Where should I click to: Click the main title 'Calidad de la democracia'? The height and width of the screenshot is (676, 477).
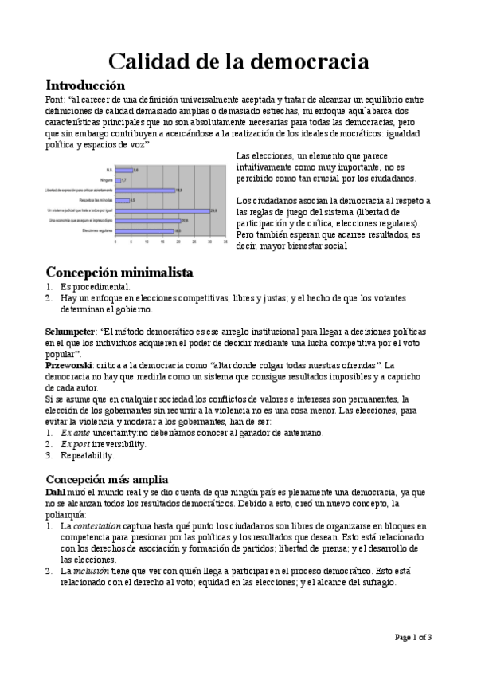(238, 61)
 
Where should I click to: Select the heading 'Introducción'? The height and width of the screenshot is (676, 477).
(85, 84)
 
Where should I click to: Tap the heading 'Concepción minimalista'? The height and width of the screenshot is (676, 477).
(119, 273)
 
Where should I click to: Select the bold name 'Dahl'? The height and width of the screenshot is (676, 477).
(56, 493)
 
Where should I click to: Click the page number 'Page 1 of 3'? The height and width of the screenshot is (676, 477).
(412, 636)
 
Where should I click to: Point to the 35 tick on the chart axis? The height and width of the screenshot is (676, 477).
(226, 242)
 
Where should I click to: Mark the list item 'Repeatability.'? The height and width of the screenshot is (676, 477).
(88, 455)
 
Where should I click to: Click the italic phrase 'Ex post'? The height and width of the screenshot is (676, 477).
(76, 444)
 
